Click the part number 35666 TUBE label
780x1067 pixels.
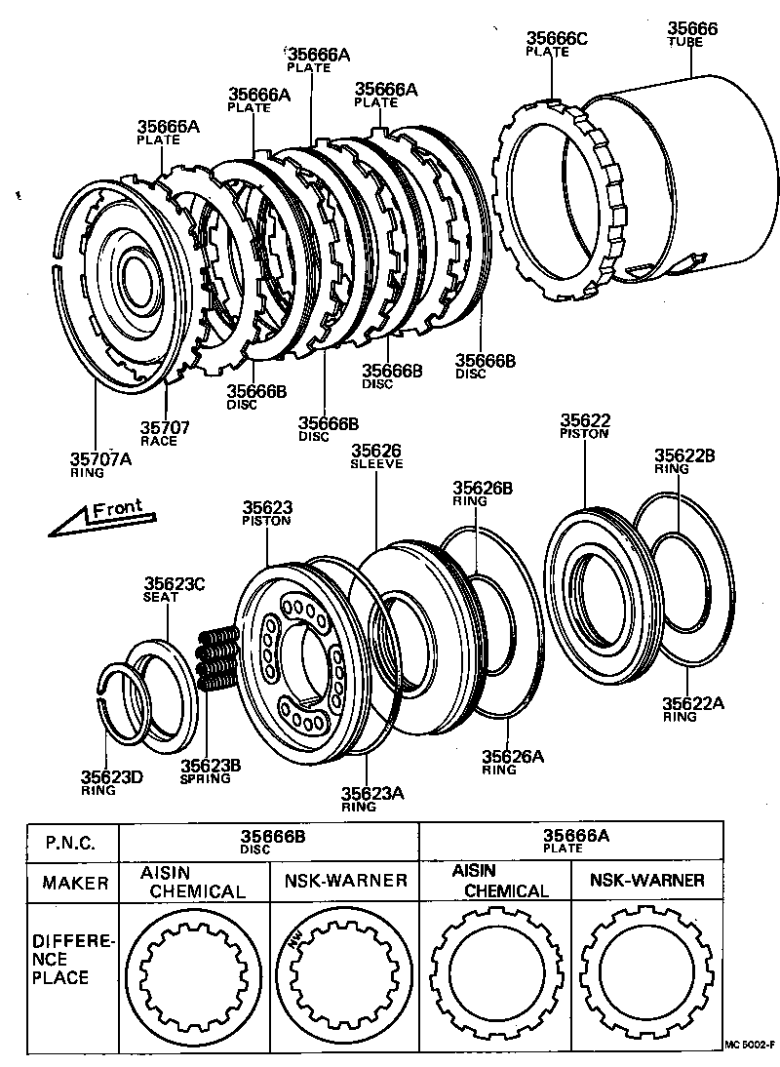point(691,35)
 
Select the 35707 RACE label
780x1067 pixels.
point(164,433)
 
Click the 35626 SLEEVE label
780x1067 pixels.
point(376,456)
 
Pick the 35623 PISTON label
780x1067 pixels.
point(266,513)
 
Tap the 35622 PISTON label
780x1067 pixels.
point(584,426)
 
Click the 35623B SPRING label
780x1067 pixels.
point(205,771)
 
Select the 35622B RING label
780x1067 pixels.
point(684,460)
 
